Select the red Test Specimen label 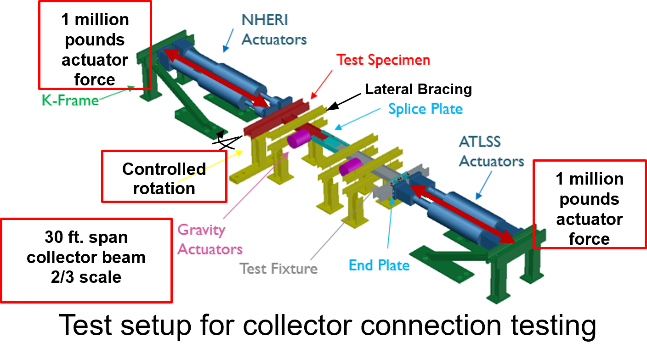[x=383, y=60]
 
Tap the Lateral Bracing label [x=418, y=89]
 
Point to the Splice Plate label [x=425, y=109]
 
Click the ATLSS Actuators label [x=491, y=151]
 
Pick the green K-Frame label [x=70, y=100]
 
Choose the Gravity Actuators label [x=210, y=239]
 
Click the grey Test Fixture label [x=279, y=268]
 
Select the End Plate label [x=379, y=265]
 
